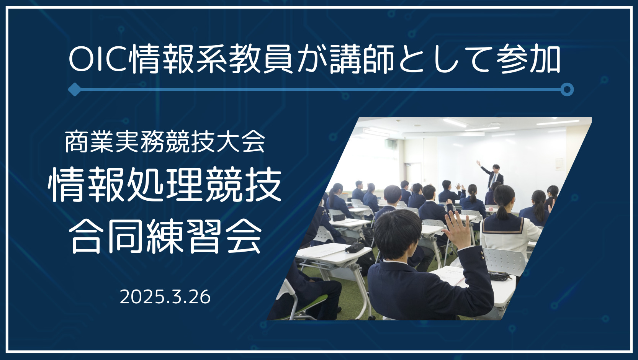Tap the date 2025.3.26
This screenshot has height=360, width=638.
coord(165,297)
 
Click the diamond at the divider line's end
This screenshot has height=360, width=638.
coord(75,90)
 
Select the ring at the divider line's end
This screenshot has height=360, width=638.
coord(567,90)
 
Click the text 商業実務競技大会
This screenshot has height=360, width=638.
coord(165,142)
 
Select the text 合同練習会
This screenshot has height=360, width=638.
coord(165,236)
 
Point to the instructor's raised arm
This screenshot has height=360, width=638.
coord(484,168)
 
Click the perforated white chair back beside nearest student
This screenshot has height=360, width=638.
coord(504,261)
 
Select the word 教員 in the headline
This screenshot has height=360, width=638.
coord(261,60)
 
